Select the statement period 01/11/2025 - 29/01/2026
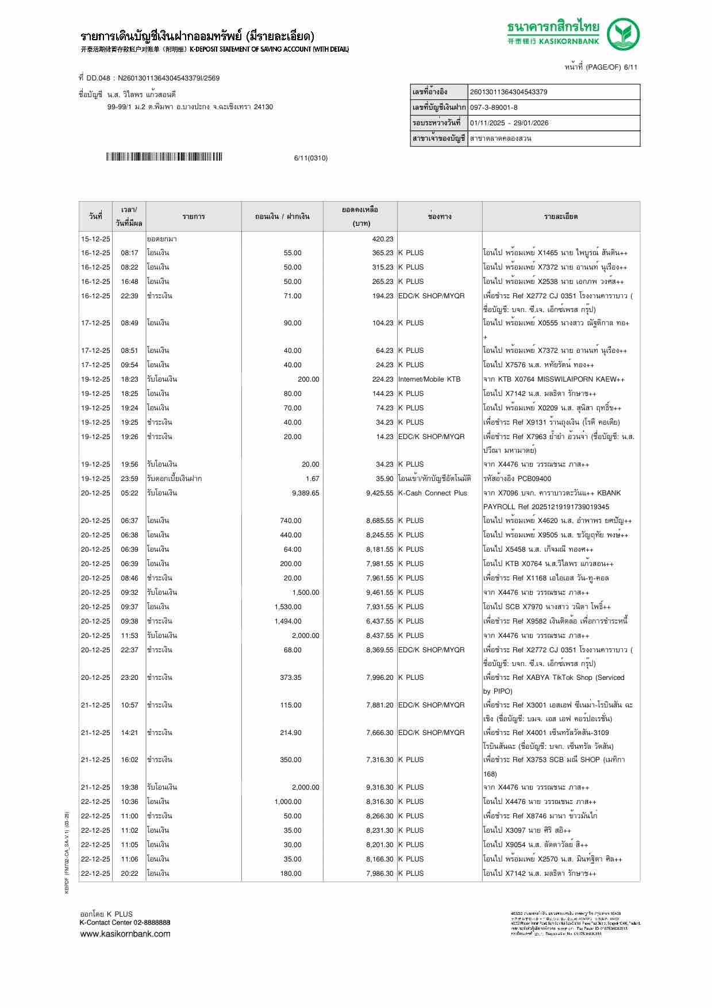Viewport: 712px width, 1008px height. point(509,123)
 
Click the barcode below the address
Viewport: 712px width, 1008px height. point(164,157)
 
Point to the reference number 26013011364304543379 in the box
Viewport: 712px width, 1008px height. point(509,92)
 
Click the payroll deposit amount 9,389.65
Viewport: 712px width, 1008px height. point(305,493)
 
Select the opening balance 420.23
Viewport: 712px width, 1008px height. point(383,239)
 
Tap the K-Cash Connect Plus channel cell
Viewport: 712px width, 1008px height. point(433,493)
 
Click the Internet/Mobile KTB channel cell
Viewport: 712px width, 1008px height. point(429,379)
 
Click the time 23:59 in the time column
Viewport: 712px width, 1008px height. point(129,479)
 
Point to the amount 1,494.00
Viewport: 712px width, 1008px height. point(288,621)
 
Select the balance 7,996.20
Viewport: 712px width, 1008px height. point(380,678)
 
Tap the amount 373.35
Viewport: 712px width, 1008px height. point(291,678)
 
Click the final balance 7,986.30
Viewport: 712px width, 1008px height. point(380,874)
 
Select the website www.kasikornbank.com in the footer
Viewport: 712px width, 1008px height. point(125,933)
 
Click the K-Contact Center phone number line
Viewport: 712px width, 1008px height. point(125,922)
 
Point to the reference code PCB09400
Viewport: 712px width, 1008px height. point(534,479)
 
